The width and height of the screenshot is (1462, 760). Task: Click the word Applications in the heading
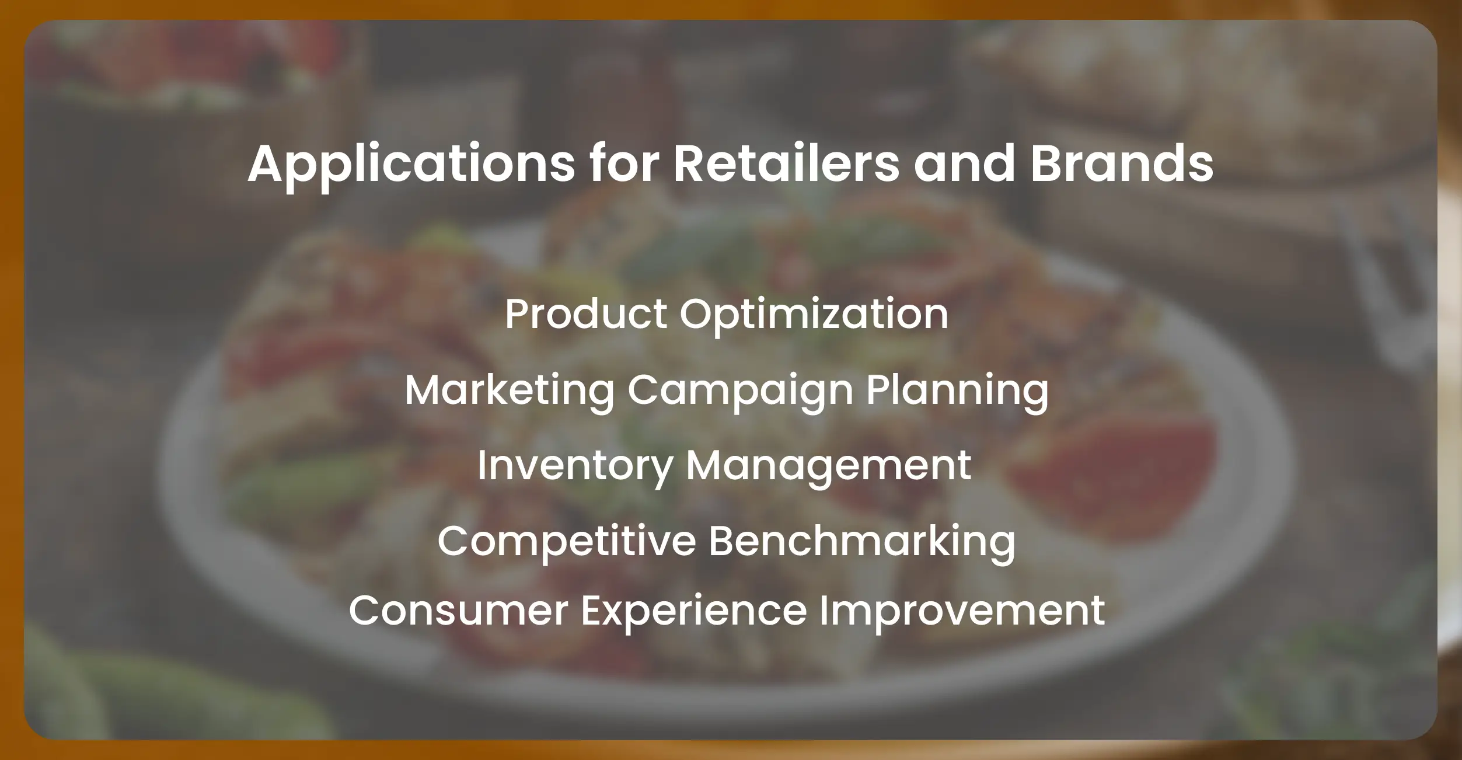pos(411,164)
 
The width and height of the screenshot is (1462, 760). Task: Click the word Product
pos(585,314)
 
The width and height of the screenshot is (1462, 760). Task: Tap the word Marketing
pos(510,391)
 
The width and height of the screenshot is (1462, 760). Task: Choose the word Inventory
pos(575,466)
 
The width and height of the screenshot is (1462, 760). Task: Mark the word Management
pos(828,466)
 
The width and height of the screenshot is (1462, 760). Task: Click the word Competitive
pos(566,541)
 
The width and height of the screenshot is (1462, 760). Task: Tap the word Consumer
pos(458,611)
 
